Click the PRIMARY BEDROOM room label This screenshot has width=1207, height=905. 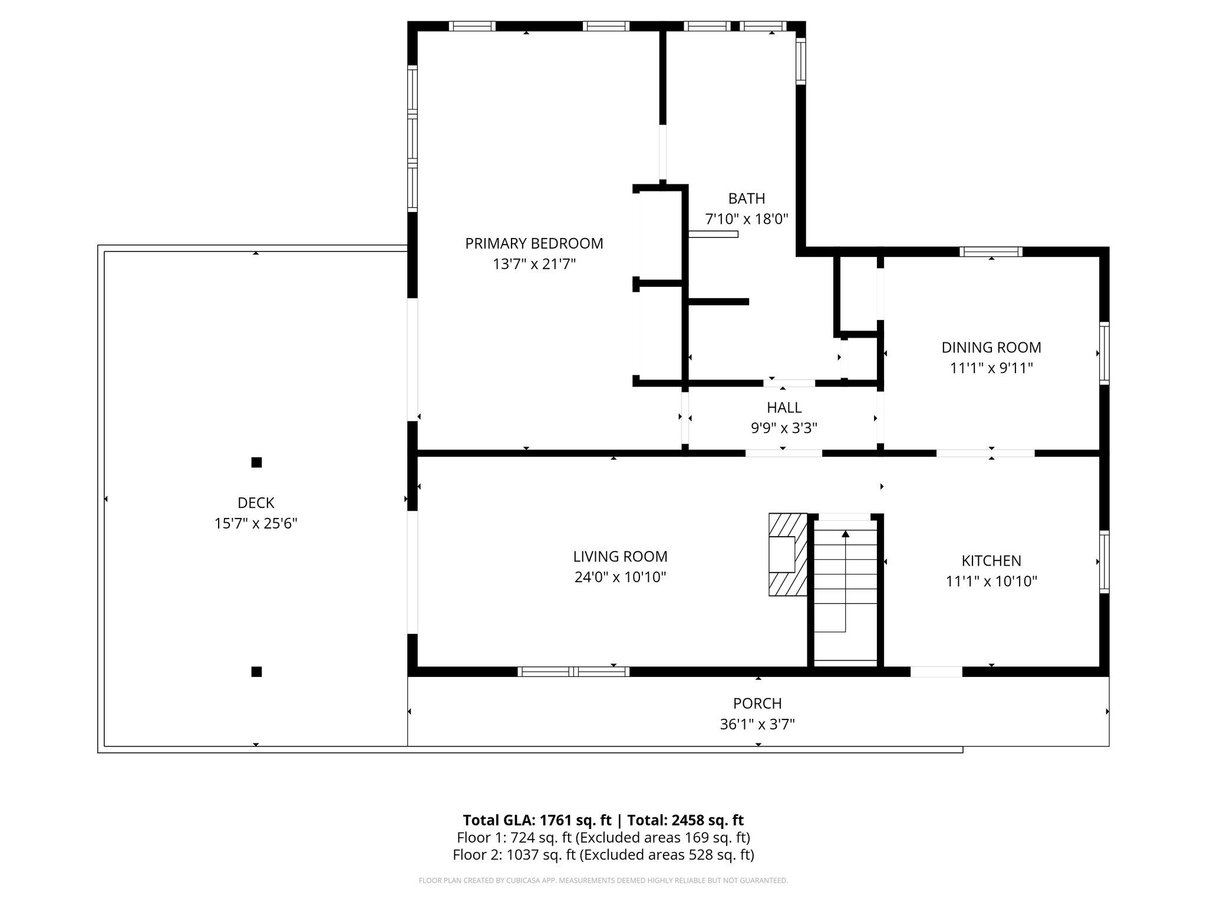pyautogui.click(x=534, y=243)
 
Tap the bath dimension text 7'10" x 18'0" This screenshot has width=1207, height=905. pyautogui.click(x=747, y=219)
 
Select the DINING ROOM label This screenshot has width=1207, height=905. pyautogui.click(x=991, y=348)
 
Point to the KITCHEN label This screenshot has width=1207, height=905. pyautogui.click(x=991, y=561)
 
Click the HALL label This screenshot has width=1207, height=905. pyautogui.click(x=784, y=408)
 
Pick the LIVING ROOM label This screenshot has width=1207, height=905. pyautogui.click(x=620, y=556)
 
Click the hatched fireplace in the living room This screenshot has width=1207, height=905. pyautogui.click(x=788, y=554)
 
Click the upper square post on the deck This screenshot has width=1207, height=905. pyautogui.click(x=256, y=463)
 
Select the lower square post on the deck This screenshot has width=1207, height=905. pyautogui.click(x=256, y=672)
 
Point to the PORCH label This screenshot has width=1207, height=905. pyautogui.click(x=757, y=703)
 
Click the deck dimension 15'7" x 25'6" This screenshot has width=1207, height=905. pyautogui.click(x=256, y=524)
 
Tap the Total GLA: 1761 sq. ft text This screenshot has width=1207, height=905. pyautogui.click(x=537, y=820)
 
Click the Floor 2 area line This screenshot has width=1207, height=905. pyautogui.click(x=603, y=854)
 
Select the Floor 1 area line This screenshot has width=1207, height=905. pyautogui.click(x=603, y=837)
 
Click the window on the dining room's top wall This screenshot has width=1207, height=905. pyautogui.click(x=991, y=252)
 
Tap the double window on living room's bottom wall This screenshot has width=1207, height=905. pyautogui.click(x=573, y=672)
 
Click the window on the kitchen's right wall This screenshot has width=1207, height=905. pyautogui.click(x=1104, y=562)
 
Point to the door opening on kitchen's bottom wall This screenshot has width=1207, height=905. pyautogui.click(x=936, y=672)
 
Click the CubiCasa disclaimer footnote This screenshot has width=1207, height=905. pyautogui.click(x=603, y=881)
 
